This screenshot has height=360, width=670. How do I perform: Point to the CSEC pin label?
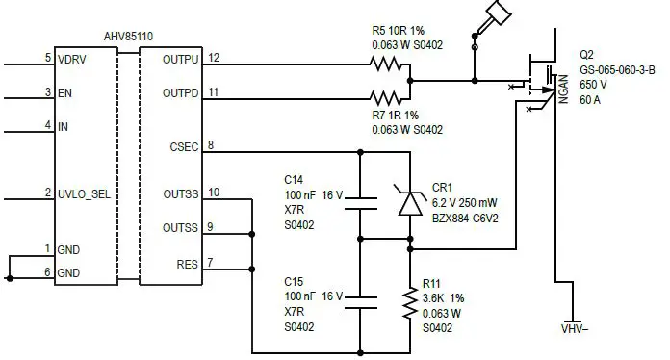tap(184, 146)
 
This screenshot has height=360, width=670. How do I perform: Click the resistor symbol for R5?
tap(389, 65)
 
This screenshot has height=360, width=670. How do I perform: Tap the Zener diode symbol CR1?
tap(412, 201)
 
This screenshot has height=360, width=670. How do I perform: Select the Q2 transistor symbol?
tap(542, 84)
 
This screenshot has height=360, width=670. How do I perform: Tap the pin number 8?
tap(211, 145)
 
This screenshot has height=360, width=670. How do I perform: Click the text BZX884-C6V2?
tap(459, 218)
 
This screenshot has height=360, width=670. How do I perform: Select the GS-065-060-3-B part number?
tap(616, 70)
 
